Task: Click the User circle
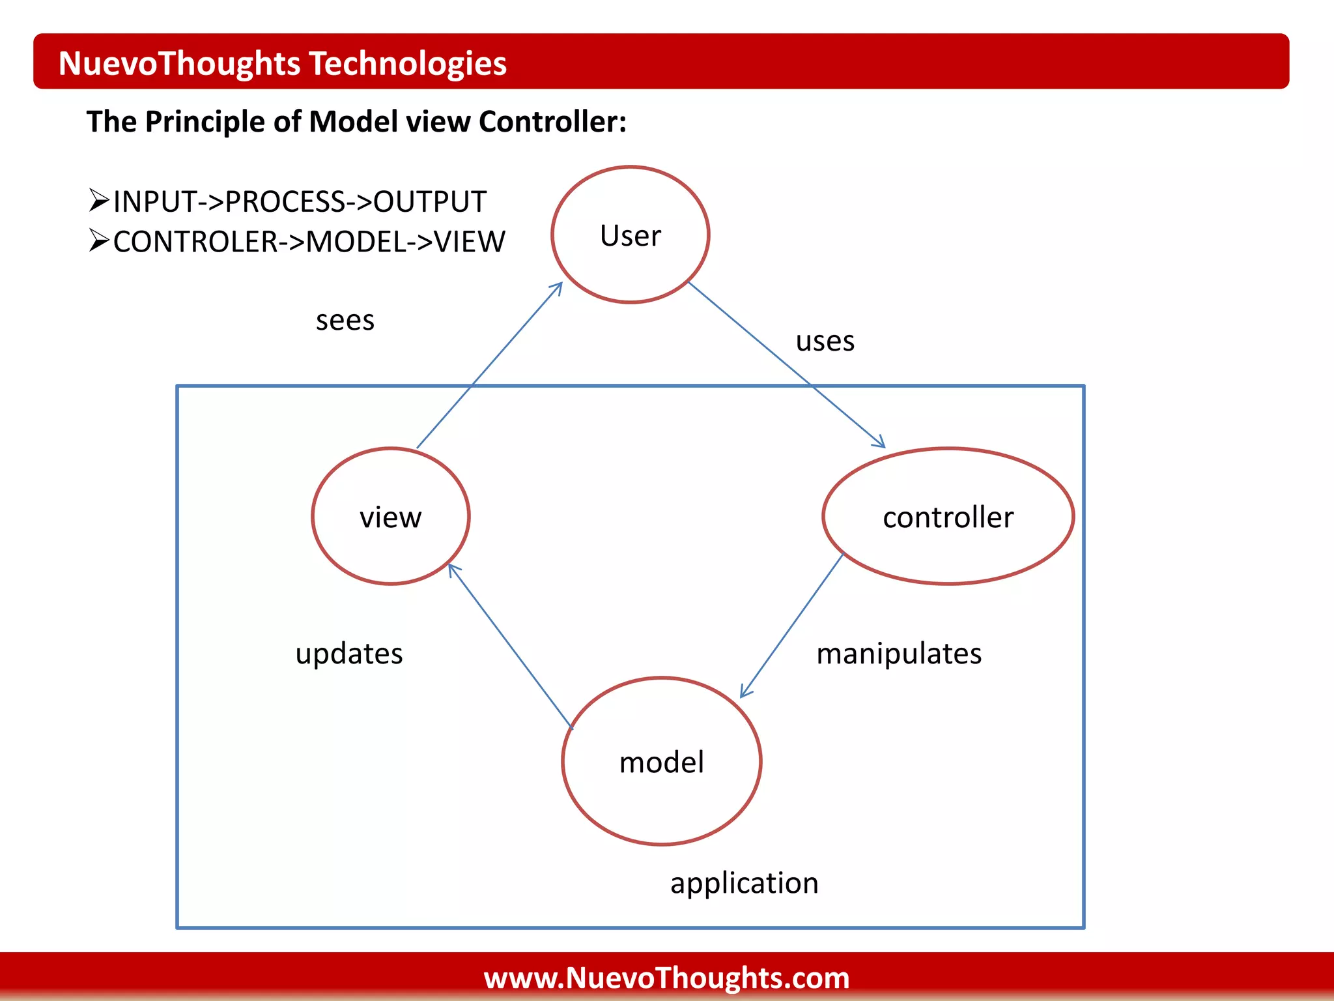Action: click(630, 235)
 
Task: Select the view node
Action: click(391, 516)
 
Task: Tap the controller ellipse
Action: click(948, 516)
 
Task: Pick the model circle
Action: click(661, 761)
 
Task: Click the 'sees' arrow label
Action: click(345, 320)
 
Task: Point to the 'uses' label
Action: click(825, 341)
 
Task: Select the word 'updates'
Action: click(349, 653)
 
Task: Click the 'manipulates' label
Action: click(899, 653)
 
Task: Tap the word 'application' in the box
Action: click(744, 883)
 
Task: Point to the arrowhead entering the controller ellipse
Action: click(880, 443)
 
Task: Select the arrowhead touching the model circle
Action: click(745, 693)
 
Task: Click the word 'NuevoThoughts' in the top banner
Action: click(180, 63)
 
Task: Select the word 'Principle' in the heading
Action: click(208, 121)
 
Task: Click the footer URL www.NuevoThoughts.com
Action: click(666, 978)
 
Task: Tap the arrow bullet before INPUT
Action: click(98, 200)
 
